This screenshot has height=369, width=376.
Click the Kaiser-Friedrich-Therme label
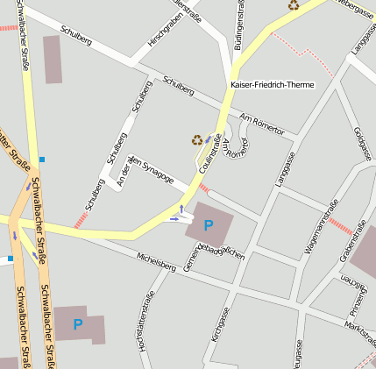click(x=272, y=85)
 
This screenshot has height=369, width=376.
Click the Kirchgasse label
click(x=225, y=324)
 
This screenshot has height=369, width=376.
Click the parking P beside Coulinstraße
click(x=208, y=226)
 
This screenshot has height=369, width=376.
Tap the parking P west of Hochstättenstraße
click(x=78, y=324)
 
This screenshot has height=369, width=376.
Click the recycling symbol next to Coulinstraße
click(x=197, y=139)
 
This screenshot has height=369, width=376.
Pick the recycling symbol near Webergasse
click(x=294, y=5)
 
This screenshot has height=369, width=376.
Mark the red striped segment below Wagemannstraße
click(x=340, y=227)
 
